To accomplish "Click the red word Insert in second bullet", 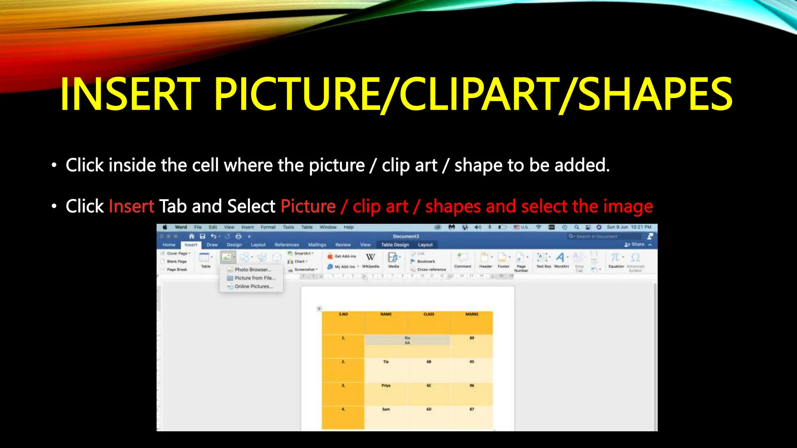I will pyautogui.click(x=132, y=206).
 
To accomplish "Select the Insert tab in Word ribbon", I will pyautogui.click(x=191, y=245).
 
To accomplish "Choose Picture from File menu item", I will pyautogui.click(x=255, y=278).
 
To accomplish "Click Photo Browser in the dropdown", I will pyautogui.click(x=253, y=269).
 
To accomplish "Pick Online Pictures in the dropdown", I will pyautogui.click(x=254, y=286).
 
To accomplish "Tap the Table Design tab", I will pyautogui.click(x=395, y=245).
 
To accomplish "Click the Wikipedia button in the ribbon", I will pyautogui.click(x=370, y=260).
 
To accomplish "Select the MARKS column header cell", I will pyautogui.click(x=472, y=314).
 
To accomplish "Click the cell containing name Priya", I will pyautogui.click(x=386, y=386).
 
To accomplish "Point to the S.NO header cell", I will pyautogui.click(x=343, y=314).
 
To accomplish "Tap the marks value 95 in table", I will pyautogui.click(x=472, y=362).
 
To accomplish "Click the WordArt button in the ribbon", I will pyautogui.click(x=561, y=260).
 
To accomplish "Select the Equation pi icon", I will pyautogui.click(x=615, y=258).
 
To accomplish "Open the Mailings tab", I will pyautogui.click(x=317, y=245).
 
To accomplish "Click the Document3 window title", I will pyautogui.click(x=406, y=236).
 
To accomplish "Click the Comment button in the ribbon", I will pyautogui.click(x=462, y=260).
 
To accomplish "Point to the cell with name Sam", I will pyautogui.click(x=386, y=409).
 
